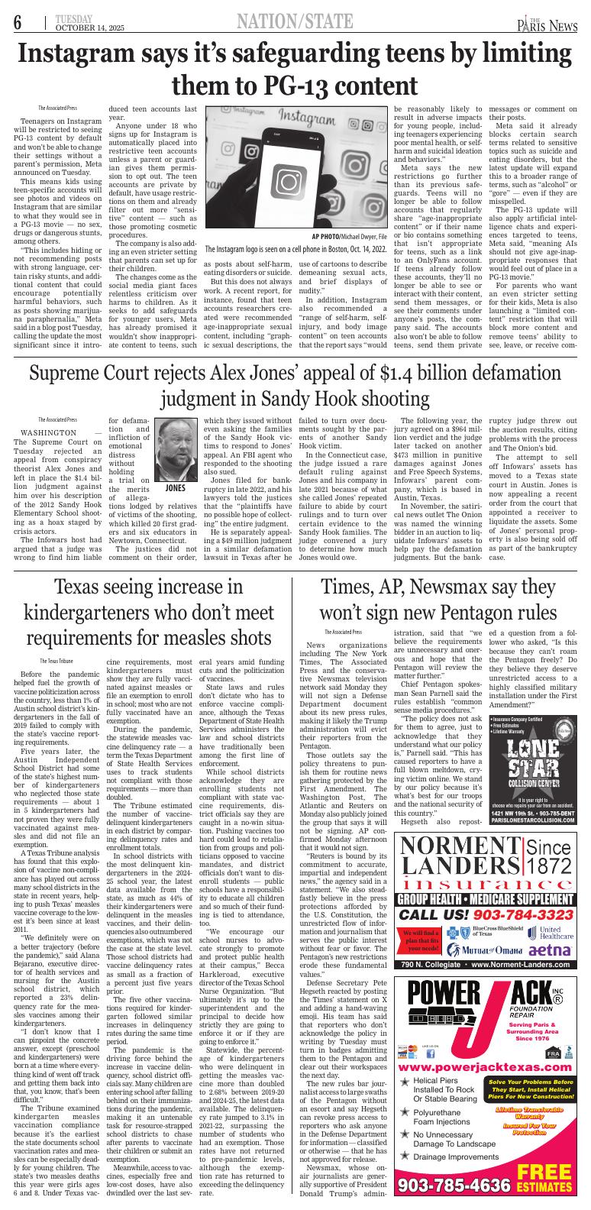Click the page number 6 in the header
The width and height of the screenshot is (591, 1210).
[16, 23]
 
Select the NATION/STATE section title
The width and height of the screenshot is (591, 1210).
[295, 21]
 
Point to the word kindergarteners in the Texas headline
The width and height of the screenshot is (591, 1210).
[100, 614]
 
